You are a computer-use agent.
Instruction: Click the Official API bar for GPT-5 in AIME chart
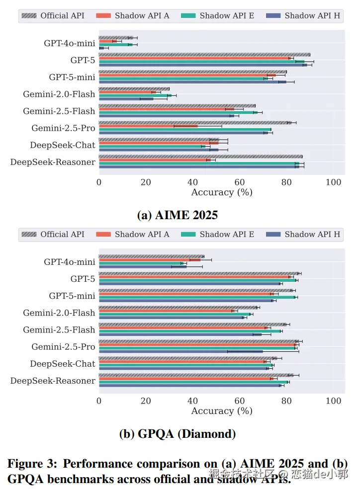204,55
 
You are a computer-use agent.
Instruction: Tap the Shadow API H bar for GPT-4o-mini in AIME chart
101,48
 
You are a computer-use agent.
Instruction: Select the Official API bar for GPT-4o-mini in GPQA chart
151,256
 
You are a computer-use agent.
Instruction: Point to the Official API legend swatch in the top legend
29,15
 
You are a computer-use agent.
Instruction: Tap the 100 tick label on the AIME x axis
333,182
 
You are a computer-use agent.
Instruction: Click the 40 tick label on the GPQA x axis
192,401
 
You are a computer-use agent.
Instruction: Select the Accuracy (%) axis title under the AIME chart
222,192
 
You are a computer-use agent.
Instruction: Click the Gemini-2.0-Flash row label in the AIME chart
59,94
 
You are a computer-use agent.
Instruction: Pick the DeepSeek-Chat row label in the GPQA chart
62,364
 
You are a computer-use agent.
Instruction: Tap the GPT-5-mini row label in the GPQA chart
72,296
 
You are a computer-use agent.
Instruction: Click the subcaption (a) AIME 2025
177,215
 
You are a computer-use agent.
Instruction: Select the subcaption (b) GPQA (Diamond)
177,434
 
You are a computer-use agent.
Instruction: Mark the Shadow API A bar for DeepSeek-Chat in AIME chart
159,143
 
